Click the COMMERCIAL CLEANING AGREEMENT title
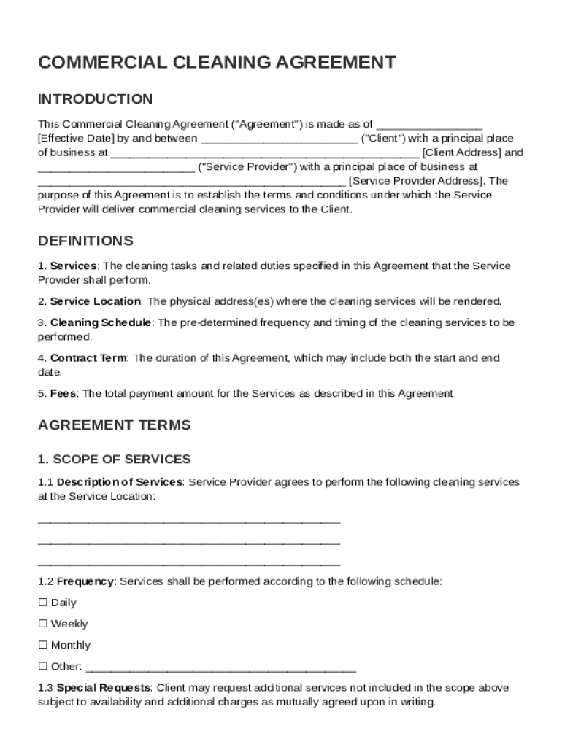click(x=217, y=63)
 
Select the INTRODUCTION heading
click(x=95, y=99)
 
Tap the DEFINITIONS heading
click(x=85, y=241)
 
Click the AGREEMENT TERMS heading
click(x=114, y=425)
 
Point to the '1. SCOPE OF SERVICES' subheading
click(x=114, y=460)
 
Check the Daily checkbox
click(x=42, y=603)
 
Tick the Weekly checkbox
click(x=42, y=624)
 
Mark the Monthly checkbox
click(x=42, y=645)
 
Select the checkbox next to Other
click(x=42, y=666)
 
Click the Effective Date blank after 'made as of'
click(x=429, y=125)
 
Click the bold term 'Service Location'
click(x=95, y=301)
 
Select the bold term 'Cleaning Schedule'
click(x=101, y=322)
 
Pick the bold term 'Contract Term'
click(x=88, y=358)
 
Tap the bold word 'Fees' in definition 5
click(x=63, y=394)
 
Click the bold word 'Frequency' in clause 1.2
click(x=85, y=582)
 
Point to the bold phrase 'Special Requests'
click(x=104, y=688)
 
